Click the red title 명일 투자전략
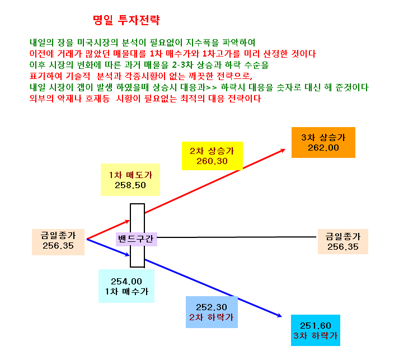126,20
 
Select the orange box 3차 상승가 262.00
323,143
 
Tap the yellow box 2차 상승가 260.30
212,156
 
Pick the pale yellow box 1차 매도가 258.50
130,180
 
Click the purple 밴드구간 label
137,239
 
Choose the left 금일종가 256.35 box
58,242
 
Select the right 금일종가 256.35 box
343,241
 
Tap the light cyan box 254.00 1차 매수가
126,286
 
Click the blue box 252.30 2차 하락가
212,312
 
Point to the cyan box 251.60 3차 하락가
316,330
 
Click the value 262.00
323,148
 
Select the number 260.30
212,161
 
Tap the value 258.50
130,185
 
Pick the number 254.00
126,282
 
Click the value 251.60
316,326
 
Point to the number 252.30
212,307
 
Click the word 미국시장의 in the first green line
97,43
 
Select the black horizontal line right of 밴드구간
237,237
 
